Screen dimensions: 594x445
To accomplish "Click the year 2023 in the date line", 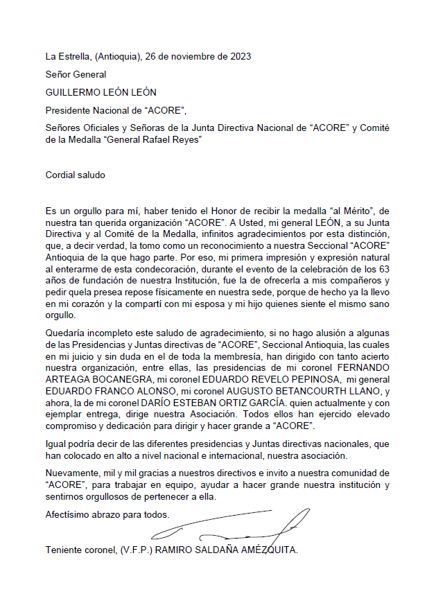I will (239, 56).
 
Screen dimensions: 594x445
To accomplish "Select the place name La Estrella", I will (68, 56).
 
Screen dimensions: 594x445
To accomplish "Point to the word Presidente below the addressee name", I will (67, 110).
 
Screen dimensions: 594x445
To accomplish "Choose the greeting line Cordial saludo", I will (75, 175).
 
